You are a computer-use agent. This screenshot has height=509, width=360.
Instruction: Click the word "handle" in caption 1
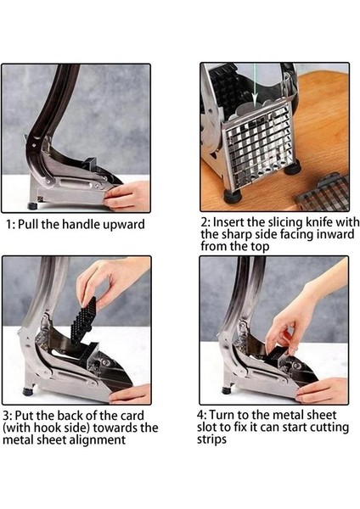(81, 224)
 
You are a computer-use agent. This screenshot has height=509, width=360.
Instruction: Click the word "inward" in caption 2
(335, 234)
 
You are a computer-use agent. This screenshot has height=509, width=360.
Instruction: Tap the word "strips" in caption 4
(211, 439)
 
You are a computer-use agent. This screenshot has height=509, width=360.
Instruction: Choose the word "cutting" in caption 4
(329, 428)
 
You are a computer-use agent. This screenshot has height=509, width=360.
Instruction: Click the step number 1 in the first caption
(9, 224)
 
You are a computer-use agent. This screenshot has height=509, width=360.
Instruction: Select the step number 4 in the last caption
(201, 415)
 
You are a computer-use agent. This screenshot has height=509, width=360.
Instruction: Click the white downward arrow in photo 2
(255, 84)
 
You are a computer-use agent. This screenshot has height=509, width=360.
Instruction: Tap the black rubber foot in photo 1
(32, 206)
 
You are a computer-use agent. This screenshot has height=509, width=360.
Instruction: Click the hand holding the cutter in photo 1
(127, 196)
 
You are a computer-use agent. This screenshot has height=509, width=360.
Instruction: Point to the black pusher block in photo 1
(90, 164)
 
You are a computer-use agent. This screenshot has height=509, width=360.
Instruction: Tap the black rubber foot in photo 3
(28, 390)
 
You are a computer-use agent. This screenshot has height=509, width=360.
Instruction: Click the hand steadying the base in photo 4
(321, 390)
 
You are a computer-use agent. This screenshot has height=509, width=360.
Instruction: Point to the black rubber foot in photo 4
(227, 389)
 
